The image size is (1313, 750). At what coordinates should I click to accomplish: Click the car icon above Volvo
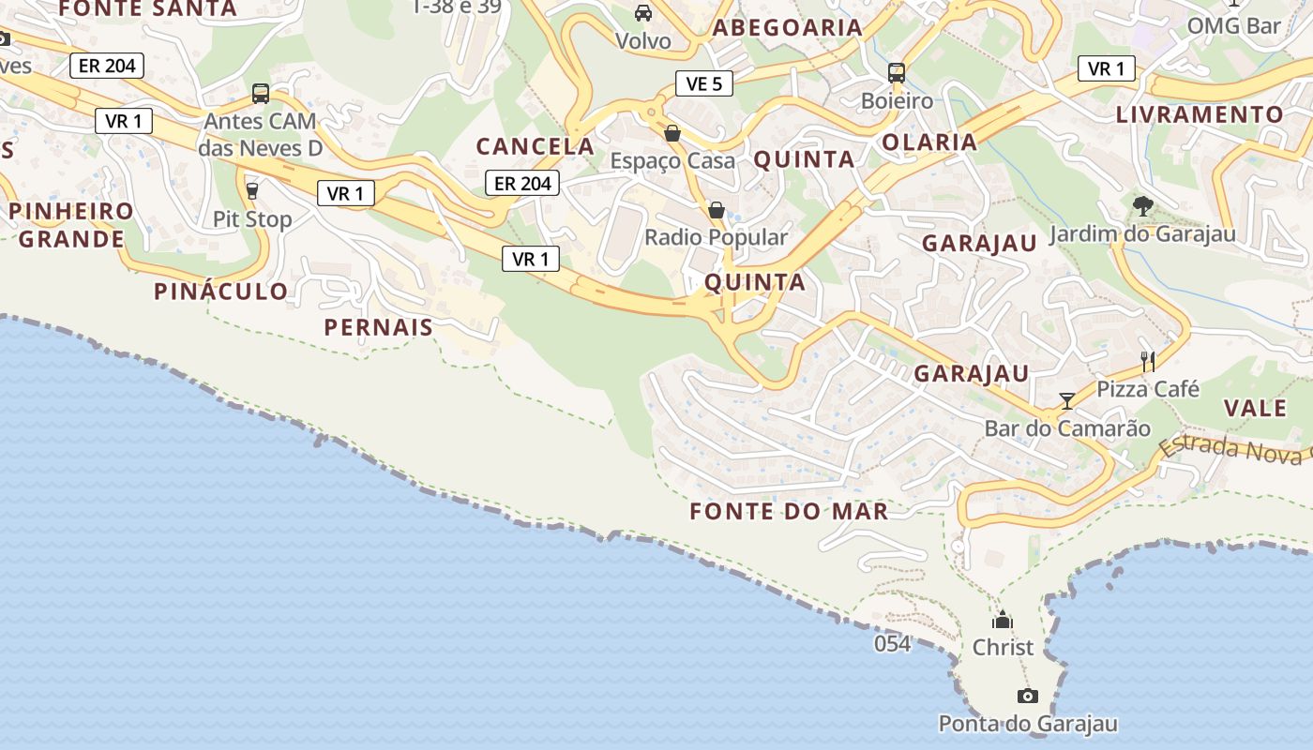643,13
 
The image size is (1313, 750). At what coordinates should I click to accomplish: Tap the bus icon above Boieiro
897,72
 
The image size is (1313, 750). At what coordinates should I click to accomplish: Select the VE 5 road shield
703,83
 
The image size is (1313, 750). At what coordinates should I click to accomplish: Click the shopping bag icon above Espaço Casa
672,133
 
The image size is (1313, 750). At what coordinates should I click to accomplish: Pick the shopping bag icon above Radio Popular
717,209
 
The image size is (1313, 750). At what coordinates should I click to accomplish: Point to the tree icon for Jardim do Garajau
1142,205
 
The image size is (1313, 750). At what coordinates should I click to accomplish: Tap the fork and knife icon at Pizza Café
1148,361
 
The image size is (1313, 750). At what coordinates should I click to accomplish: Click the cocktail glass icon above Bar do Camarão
1066,401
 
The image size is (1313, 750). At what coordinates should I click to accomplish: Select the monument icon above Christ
1003,620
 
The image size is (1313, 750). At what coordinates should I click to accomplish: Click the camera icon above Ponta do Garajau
1028,696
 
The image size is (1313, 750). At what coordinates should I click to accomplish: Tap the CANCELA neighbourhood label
536,146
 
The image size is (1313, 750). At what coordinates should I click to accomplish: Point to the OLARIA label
929,142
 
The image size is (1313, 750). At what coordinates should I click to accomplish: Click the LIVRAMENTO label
1200,114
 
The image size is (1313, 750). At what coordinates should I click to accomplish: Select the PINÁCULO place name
221,291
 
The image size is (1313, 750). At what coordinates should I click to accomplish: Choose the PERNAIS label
378,327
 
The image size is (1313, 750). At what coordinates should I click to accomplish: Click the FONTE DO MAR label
789,511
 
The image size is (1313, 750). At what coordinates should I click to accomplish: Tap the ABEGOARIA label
787,27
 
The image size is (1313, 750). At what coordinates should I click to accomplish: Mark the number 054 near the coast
892,644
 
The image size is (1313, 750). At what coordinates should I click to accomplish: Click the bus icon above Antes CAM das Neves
261,94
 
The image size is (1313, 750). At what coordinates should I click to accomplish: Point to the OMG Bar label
1233,25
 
